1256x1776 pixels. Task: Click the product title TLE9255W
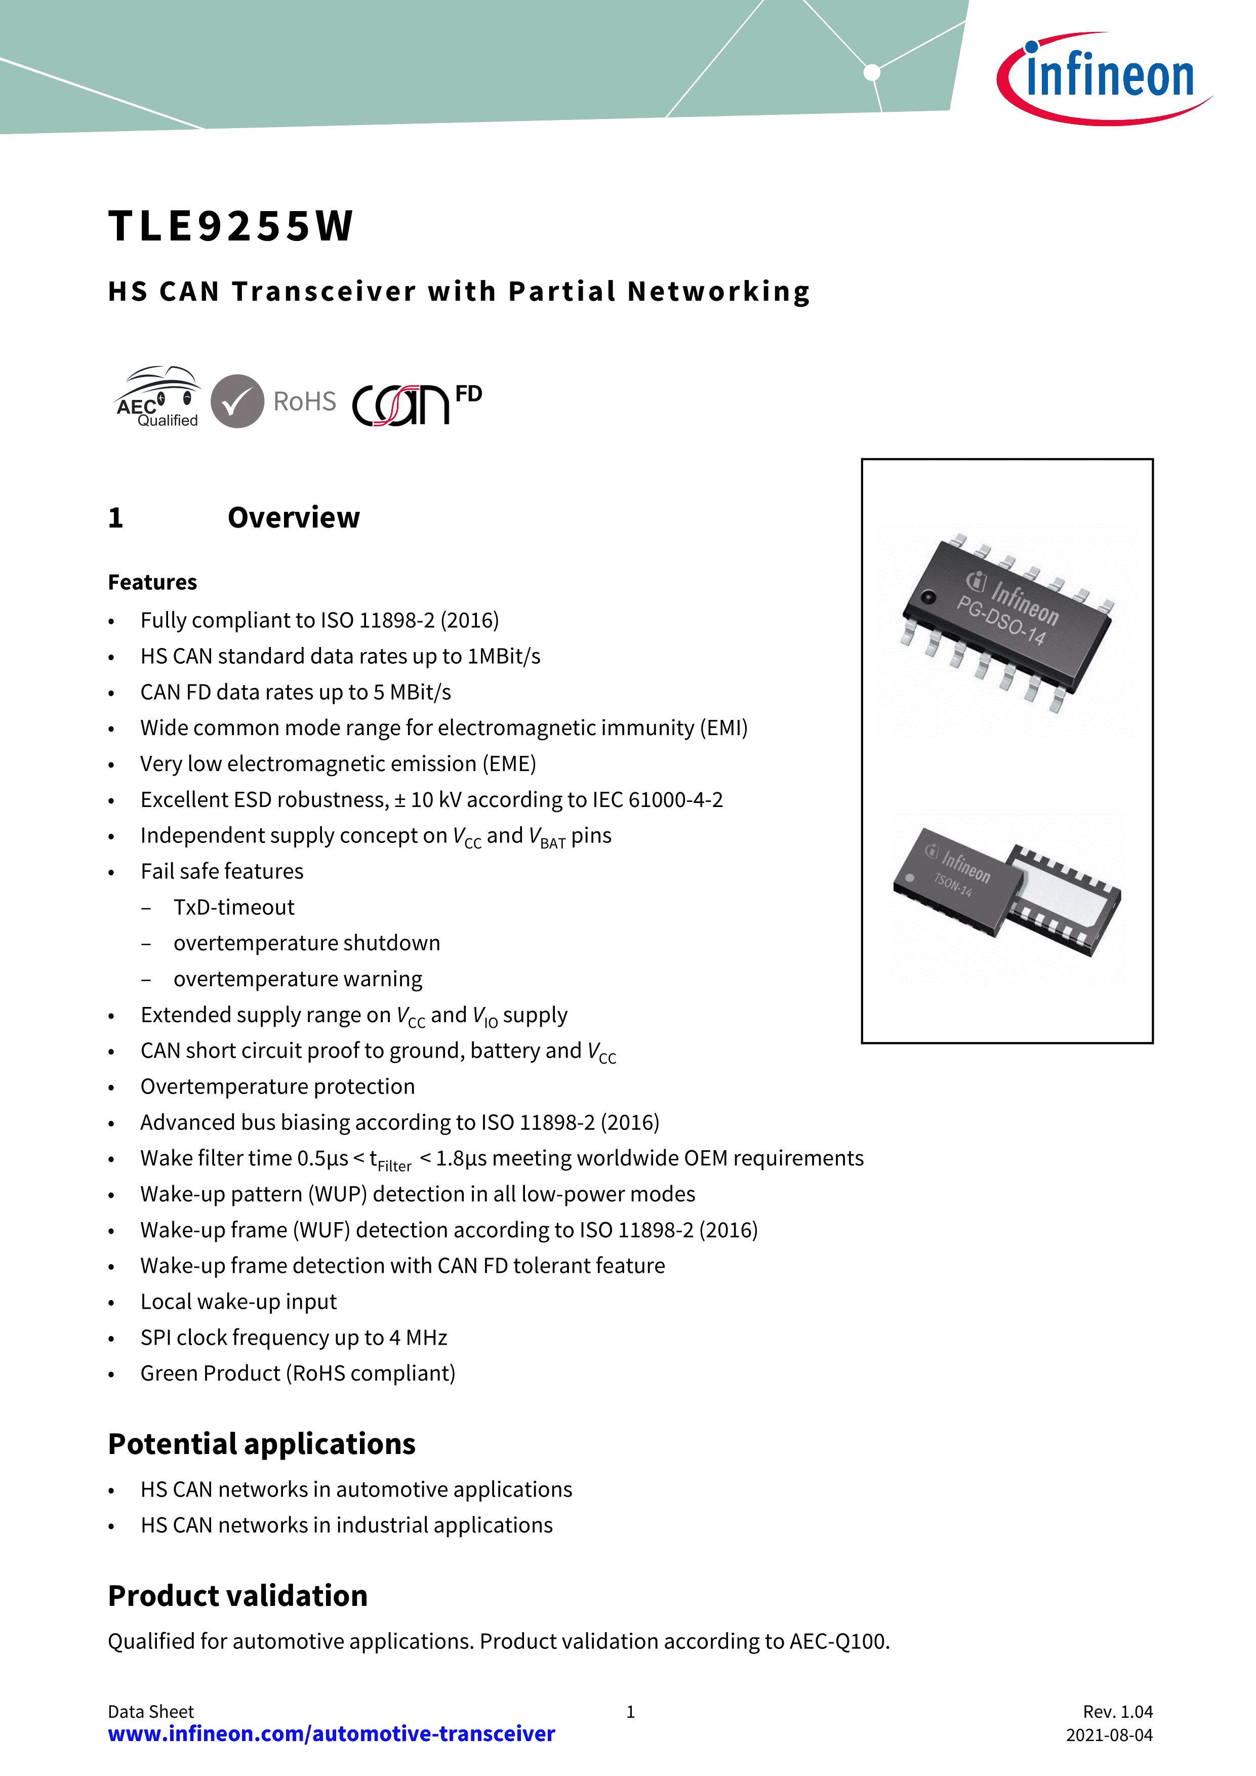230,226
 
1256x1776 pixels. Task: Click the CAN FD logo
417,405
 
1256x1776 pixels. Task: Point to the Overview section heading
294,517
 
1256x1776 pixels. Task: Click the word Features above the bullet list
152,582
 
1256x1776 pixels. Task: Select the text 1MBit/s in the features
504,656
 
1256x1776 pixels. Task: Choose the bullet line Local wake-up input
239,1302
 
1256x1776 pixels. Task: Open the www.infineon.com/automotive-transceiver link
332,1733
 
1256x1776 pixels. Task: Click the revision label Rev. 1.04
1118,1712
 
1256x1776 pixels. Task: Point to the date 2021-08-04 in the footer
1110,1735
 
